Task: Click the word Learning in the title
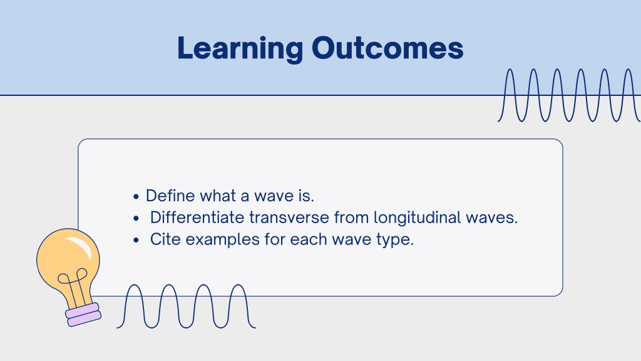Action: (240, 49)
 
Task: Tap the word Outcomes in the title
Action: (387, 48)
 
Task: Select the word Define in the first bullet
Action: (170, 196)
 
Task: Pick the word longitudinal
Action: (418, 217)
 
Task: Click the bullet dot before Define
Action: (136, 197)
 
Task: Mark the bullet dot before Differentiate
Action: (136, 219)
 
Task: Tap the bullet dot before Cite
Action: (136, 240)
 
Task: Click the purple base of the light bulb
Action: (83, 315)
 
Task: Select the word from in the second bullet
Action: (352, 217)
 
